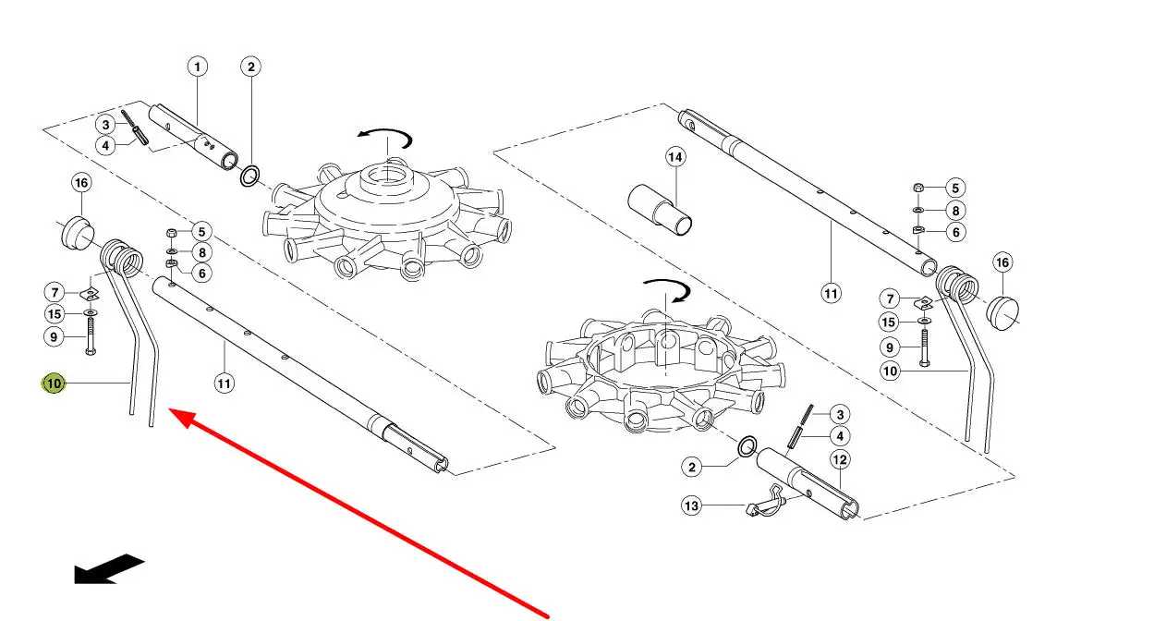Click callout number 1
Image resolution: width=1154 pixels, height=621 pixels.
click(x=197, y=67)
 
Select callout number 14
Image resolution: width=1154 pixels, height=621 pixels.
click(x=674, y=157)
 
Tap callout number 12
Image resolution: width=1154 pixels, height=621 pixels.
click(x=840, y=459)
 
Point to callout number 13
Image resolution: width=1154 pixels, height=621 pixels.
click(x=691, y=505)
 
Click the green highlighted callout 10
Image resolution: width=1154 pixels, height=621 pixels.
click(x=54, y=384)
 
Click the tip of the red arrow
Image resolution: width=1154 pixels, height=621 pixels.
click(x=169, y=409)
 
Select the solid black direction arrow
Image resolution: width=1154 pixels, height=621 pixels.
click(x=109, y=569)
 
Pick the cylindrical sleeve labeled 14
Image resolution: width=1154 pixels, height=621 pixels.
click(x=660, y=210)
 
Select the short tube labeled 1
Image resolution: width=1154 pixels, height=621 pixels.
click(x=193, y=137)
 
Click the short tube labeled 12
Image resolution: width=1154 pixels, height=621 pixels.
click(x=808, y=483)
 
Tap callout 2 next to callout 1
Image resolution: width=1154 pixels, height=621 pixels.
click(x=251, y=67)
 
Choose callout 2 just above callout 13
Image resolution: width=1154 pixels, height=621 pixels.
click(x=691, y=467)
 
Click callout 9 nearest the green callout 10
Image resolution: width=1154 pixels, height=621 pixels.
click(x=55, y=337)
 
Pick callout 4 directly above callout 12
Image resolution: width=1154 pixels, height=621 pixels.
click(x=840, y=436)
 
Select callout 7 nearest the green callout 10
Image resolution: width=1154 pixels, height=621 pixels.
click(x=55, y=293)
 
